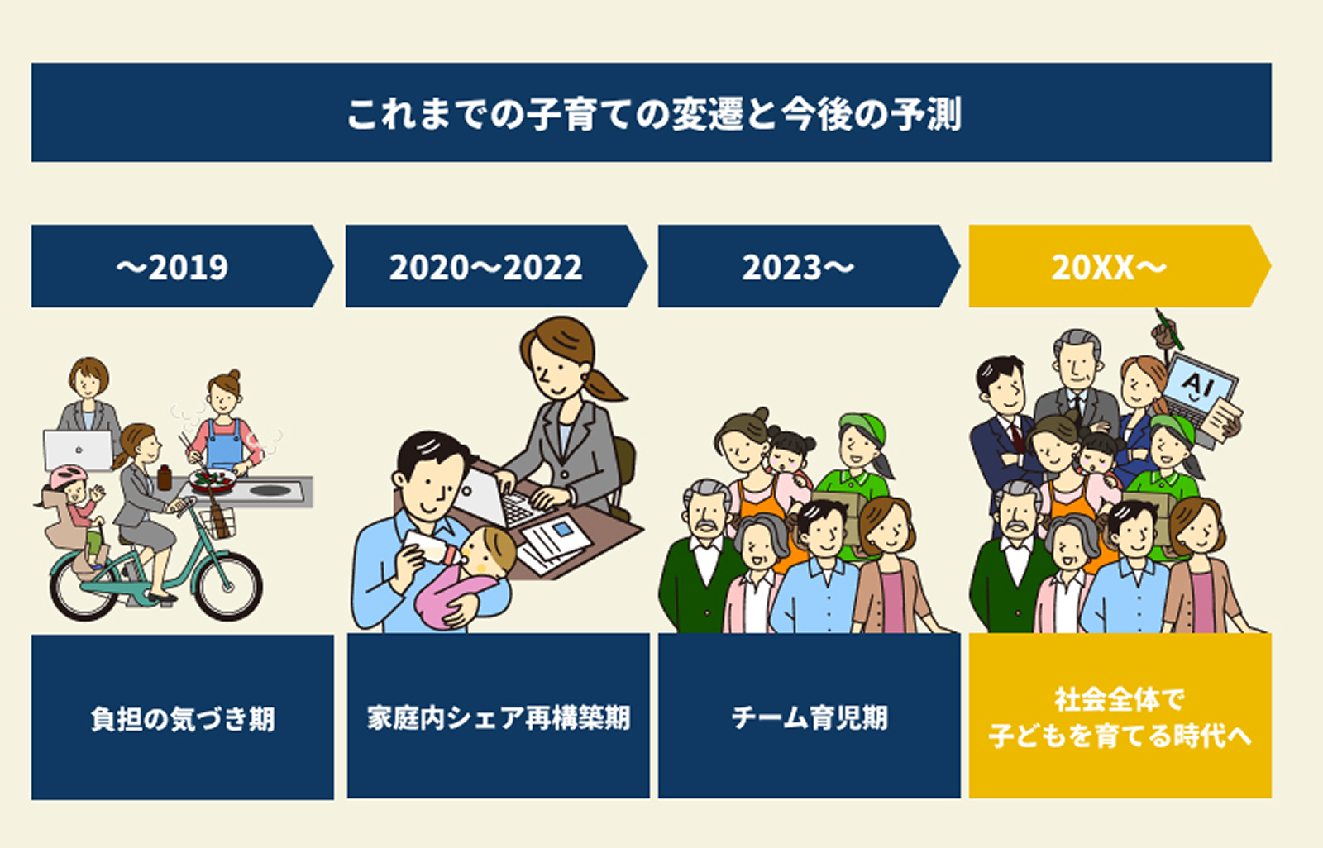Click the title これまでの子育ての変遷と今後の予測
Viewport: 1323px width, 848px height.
point(654,113)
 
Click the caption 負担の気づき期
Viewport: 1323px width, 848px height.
point(183,719)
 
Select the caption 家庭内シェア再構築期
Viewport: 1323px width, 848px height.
point(499,717)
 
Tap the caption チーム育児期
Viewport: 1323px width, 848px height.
point(810,717)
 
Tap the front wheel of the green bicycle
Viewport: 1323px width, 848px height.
point(228,585)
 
